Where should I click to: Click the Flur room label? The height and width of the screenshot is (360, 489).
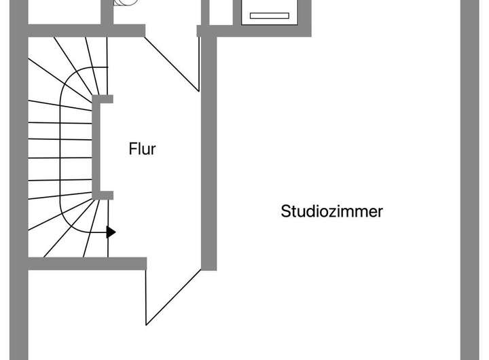tap(142, 149)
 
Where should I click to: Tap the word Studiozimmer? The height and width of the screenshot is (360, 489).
tap(332, 211)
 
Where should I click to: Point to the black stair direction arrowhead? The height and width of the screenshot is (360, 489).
tap(111, 232)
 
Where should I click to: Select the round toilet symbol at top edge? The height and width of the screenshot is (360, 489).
tap(126, 3)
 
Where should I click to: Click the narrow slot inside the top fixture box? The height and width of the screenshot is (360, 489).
tap(270, 16)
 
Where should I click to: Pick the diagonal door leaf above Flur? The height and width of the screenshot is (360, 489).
tap(172, 64)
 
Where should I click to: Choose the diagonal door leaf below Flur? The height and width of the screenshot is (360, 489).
tap(173, 298)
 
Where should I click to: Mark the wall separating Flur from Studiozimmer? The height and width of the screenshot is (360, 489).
tap(209, 154)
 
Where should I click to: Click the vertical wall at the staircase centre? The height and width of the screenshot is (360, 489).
tap(96, 147)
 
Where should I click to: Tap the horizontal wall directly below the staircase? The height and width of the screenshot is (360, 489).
tap(88, 264)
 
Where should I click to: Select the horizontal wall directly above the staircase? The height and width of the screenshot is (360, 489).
tap(87, 31)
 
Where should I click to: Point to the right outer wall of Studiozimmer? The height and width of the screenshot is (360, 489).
tap(470, 180)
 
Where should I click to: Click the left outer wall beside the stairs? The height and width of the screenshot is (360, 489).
tap(19, 180)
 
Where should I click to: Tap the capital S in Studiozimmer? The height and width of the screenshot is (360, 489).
tap(286, 211)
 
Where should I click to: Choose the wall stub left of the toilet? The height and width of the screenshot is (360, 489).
tap(107, 12)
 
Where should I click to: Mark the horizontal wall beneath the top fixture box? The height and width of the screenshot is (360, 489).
tap(254, 31)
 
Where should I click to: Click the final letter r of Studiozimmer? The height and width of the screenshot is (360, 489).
tap(380, 213)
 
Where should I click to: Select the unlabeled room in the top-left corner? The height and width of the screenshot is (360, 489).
tap(65, 12)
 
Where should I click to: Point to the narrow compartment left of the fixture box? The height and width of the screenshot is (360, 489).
tap(221, 12)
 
